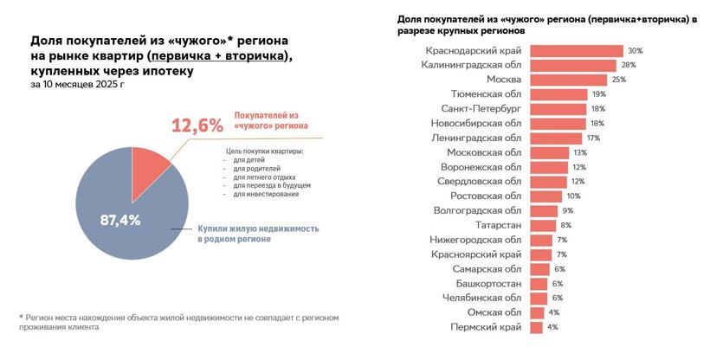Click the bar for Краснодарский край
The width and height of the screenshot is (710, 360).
(576, 51)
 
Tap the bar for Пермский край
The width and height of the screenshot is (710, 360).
(535, 327)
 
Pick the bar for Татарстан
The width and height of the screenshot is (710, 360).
(541, 225)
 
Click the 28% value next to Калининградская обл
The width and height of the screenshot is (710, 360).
(628, 65)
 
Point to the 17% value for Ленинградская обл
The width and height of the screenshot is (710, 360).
(593, 138)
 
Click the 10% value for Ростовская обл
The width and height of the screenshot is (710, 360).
(573, 196)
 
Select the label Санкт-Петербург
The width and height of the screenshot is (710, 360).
(481, 109)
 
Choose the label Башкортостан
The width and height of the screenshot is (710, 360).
(488, 284)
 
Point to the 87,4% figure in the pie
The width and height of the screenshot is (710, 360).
(120, 220)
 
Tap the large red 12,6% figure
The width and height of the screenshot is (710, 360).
(197, 126)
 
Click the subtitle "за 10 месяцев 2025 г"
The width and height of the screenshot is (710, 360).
(76, 86)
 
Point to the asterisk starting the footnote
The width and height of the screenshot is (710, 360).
(21, 318)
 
